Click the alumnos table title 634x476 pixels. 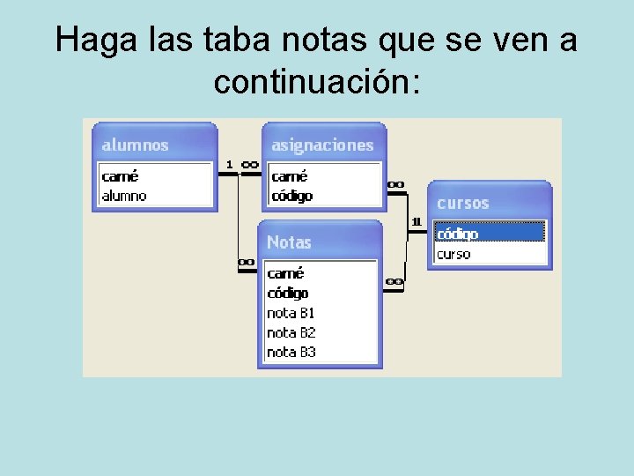pyautogui.click(x=135, y=145)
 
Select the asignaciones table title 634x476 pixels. pyautogui.click(x=322, y=145)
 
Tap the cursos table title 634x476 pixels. pyautogui.click(x=462, y=203)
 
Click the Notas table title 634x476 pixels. pyautogui.click(x=289, y=242)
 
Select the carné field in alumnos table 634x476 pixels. pyautogui.click(x=120, y=176)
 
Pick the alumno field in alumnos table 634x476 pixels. pyautogui.click(x=124, y=196)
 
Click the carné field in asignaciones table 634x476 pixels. pyautogui.click(x=290, y=176)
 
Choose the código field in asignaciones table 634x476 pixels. pyautogui.click(x=292, y=196)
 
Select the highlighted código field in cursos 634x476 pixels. pyautogui.click(x=458, y=234)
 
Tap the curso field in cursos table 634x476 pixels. pyautogui.click(x=453, y=254)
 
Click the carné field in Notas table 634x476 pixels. pyautogui.click(x=285, y=273)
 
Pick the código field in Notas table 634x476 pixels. pyautogui.click(x=288, y=293)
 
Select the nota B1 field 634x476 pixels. pyautogui.click(x=291, y=313)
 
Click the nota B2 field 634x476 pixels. pyautogui.click(x=291, y=332)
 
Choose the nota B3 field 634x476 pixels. pyautogui.click(x=291, y=352)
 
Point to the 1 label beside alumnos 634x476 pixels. pyautogui.click(x=229, y=164)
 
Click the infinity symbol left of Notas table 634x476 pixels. pyautogui.click(x=247, y=262)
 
